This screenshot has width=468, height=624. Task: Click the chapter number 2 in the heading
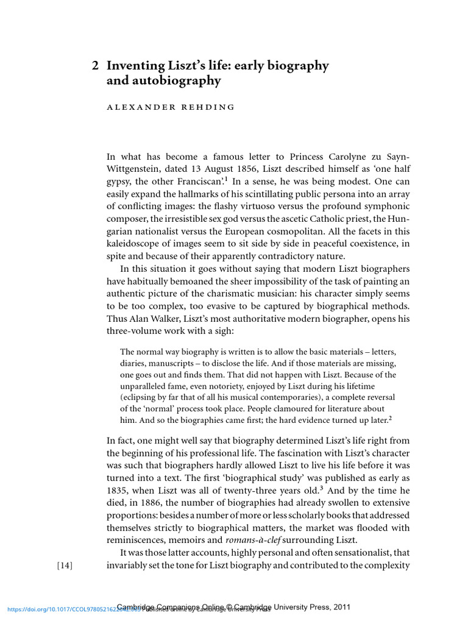click(95, 66)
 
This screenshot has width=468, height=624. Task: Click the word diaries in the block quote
click(133, 363)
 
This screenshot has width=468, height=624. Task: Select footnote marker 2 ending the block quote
click(390, 418)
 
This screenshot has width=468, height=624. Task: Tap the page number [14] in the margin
click(64, 565)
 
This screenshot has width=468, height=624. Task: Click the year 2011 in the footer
click(339, 607)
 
